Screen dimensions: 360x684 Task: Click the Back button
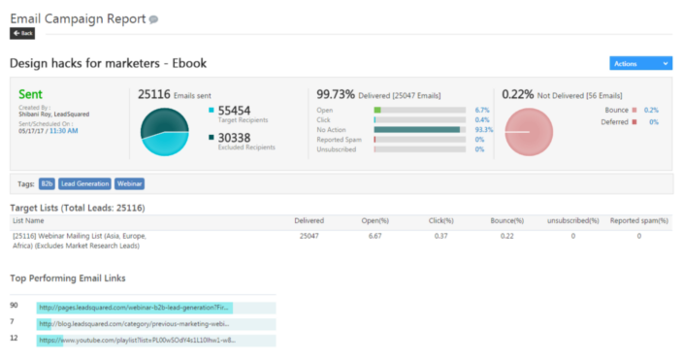pyautogui.click(x=21, y=33)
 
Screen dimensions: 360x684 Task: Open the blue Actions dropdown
pyautogui.click(x=639, y=63)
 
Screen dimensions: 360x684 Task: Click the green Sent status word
pyautogui.click(x=31, y=94)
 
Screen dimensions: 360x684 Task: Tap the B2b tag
pyautogui.click(x=47, y=182)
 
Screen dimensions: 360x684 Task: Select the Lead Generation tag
pyautogui.click(x=84, y=182)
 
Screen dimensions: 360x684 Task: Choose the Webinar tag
pyautogui.click(x=129, y=182)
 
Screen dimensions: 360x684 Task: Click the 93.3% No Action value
pyautogui.click(x=484, y=129)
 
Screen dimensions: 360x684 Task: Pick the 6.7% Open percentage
pyautogui.click(x=482, y=110)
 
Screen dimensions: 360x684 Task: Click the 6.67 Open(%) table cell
pyautogui.click(x=375, y=236)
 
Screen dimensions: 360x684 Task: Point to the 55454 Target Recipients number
pyautogui.click(x=234, y=111)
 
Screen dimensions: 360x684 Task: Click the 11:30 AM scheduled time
pyautogui.click(x=65, y=130)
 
